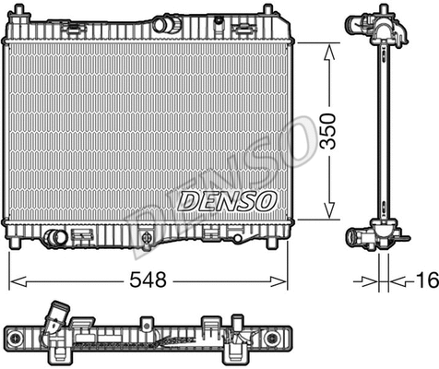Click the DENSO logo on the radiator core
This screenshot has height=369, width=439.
click(226, 199)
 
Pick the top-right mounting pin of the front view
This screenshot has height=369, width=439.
click(267, 10)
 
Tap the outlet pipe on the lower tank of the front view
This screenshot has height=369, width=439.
click(56, 238)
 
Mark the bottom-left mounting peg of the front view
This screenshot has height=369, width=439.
click(15, 243)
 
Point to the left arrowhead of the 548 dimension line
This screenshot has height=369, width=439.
click(13, 279)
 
